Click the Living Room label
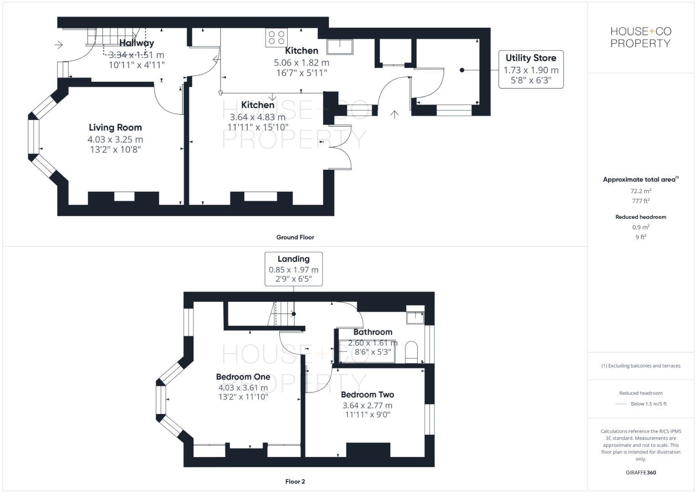pyautogui.click(x=115, y=128)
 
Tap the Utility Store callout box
pyautogui.click(x=531, y=69)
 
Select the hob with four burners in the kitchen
pyautogui.click(x=276, y=37)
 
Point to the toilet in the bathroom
pyautogui.click(x=411, y=351)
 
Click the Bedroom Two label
pyautogui.click(x=367, y=395)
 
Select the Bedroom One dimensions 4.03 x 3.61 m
pyautogui.click(x=243, y=388)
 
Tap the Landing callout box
pyautogui.click(x=293, y=269)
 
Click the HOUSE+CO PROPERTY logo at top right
pyautogui.click(x=640, y=37)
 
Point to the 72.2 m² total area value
pyautogui.click(x=640, y=191)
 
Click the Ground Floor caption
pyautogui.click(x=295, y=237)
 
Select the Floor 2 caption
pyautogui.click(x=295, y=482)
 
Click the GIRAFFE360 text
pyautogui.click(x=640, y=472)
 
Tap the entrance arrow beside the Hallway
pyautogui.click(x=58, y=45)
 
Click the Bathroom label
pyautogui.click(x=372, y=332)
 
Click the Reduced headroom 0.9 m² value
pyautogui.click(x=640, y=227)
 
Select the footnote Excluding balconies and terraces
pyautogui.click(x=640, y=366)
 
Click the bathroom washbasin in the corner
pyautogui.click(x=415, y=316)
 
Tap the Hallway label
pyautogui.click(x=136, y=43)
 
